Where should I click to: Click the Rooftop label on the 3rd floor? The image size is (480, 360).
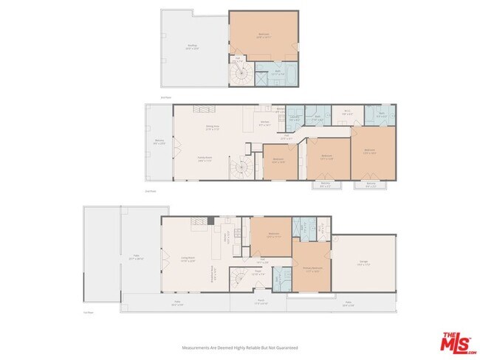click(191, 48)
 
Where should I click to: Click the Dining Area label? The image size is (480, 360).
click(214, 128)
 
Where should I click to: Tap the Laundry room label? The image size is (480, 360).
click(293, 117)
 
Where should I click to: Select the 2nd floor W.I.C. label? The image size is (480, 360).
click(346, 112)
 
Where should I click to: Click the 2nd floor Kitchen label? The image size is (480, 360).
click(264, 123)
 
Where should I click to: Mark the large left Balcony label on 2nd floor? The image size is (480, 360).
click(159, 142)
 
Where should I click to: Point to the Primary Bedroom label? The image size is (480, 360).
click(311, 269)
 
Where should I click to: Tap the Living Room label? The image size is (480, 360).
click(188, 259)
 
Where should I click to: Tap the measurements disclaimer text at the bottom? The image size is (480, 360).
click(240, 347)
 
